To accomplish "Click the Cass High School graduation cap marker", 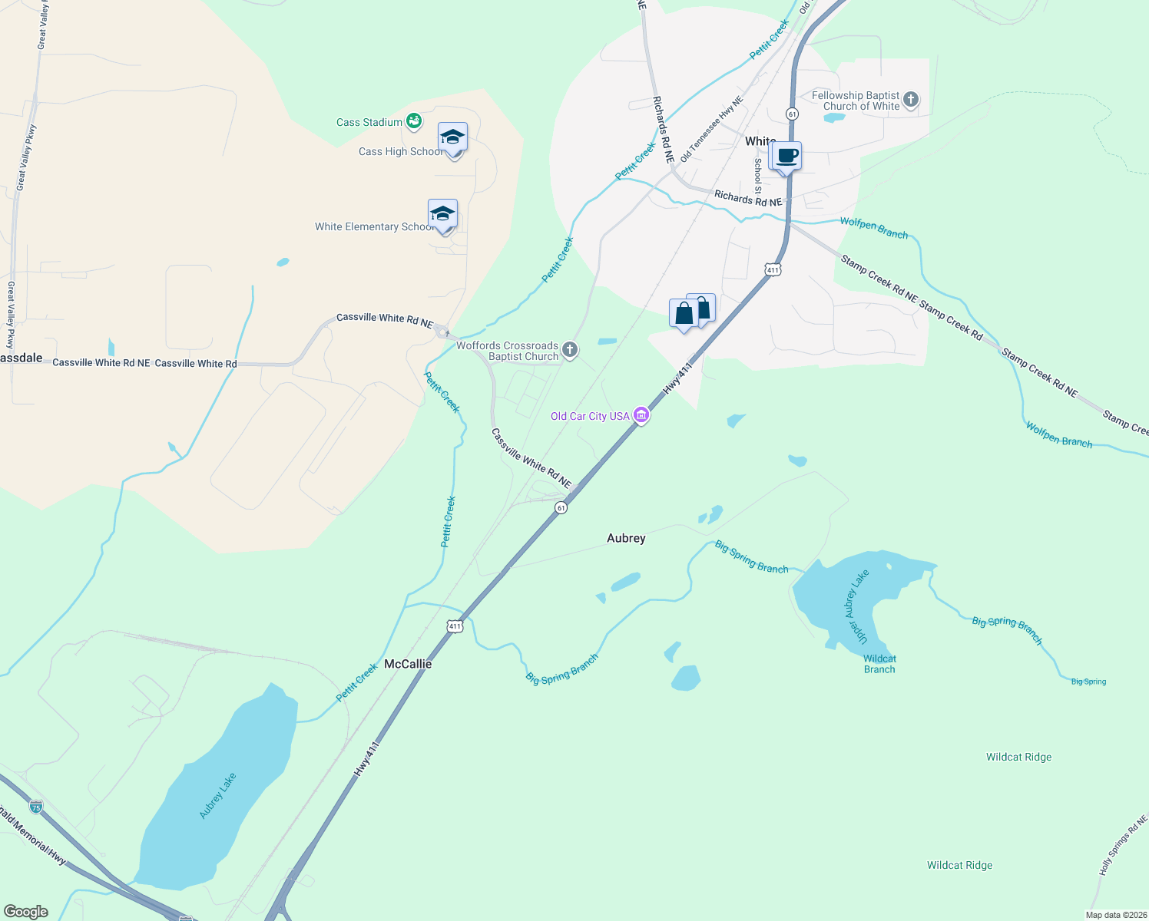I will tap(452, 138).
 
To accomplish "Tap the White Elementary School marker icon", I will tap(442, 214).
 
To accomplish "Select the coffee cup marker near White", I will tap(786, 157).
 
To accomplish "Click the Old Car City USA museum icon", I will tap(641, 416).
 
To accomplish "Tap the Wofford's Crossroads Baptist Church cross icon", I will tap(570, 351).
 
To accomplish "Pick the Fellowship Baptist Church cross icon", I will tap(911, 100).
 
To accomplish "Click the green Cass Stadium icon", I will tap(414, 121).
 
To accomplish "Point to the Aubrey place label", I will tap(626, 538).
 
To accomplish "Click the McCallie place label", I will tap(408, 664).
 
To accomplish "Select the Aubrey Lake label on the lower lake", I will tap(218, 796).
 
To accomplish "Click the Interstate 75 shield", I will tap(36, 807).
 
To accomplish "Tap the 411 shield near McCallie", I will tap(455, 626).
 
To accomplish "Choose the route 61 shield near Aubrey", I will tap(561, 508).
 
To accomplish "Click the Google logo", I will tap(26, 912).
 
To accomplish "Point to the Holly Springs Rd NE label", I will tap(1123, 846).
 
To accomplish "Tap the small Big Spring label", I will tap(1088, 682).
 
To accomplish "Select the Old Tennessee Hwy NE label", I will tap(712, 129).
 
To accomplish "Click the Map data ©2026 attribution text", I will tap(1116, 915).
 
